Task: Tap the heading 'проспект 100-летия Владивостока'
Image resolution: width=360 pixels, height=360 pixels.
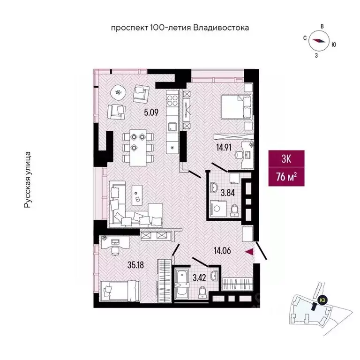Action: click(x=180, y=28)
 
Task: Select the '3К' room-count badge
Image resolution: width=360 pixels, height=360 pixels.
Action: click(x=286, y=159)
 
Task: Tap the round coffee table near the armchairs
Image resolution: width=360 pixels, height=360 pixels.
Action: click(x=119, y=92)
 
